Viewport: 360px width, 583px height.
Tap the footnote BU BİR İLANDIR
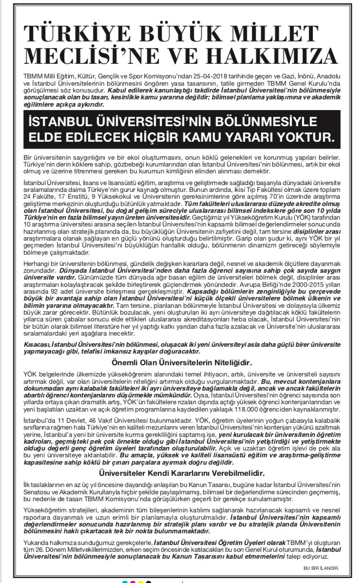(x=320, y=567)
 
